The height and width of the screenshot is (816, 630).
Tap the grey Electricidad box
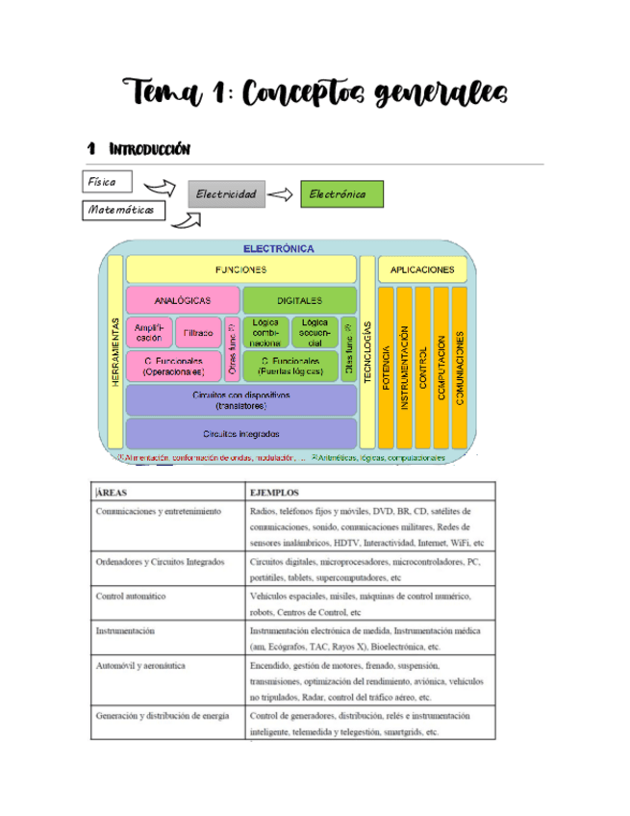[x=227, y=194]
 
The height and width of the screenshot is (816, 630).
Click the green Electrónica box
[x=340, y=194]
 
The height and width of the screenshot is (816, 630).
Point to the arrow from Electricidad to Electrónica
[x=279, y=194]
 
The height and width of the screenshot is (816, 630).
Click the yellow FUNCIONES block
[x=240, y=269]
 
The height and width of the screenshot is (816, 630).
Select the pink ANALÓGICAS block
[x=183, y=300]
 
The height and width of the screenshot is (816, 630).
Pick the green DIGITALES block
[x=299, y=300]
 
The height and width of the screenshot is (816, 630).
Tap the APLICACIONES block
[x=422, y=269]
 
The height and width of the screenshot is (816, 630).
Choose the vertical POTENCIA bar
[x=387, y=366]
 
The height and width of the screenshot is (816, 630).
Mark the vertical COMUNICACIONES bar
[x=460, y=366]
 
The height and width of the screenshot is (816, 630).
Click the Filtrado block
[x=198, y=331]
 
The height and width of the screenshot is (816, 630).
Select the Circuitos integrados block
[x=240, y=433]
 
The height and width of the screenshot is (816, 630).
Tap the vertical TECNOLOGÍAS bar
[x=366, y=351]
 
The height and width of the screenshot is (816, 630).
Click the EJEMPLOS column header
[x=274, y=490]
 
